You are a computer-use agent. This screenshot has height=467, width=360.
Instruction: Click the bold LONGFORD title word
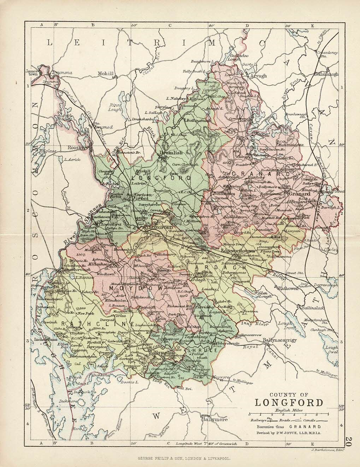pyautogui.click(x=289, y=402)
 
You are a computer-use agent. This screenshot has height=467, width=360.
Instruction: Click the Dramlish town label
pyautogui.click(x=171, y=153)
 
